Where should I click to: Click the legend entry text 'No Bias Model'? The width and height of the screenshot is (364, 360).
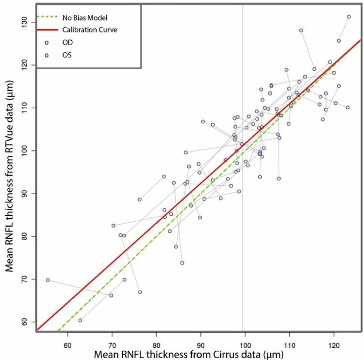coord(84,18)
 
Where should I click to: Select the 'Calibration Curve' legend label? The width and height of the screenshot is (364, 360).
coord(89,30)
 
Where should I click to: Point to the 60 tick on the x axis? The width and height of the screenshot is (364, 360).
coord(67,339)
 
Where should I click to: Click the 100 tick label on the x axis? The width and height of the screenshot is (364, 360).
coord(245,339)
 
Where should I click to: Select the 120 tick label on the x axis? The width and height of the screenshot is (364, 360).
coord(334,339)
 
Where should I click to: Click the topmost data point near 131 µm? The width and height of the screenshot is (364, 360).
coord(349,17)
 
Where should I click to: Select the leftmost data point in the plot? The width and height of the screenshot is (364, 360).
coord(48,280)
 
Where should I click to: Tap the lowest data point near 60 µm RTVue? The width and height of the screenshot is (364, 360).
coord(80,320)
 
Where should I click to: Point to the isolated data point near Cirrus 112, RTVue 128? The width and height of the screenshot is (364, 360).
coord(301,31)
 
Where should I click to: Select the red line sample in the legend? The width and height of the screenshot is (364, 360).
coord(46,30)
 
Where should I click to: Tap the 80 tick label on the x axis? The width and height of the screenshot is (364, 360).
coord(156,339)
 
